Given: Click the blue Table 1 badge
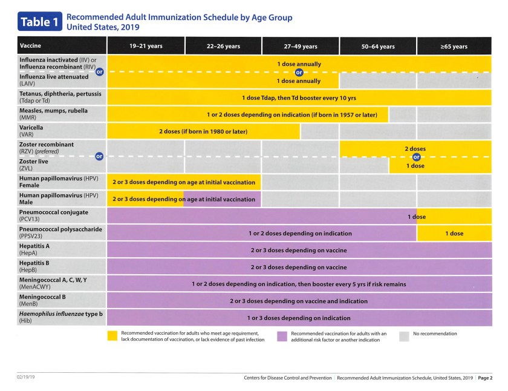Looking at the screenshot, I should (x=39, y=22).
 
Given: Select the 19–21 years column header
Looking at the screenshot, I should (x=146, y=46).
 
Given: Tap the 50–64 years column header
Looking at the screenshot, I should (x=378, y=47).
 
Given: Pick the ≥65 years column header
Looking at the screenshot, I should (x=453, y=47).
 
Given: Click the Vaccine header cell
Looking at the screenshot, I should (x=31, y=46).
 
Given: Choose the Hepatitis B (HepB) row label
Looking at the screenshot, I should (x=36, y=266).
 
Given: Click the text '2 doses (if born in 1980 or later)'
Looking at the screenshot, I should (x=203, y=131).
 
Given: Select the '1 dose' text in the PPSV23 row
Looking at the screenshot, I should (x=454, y=233).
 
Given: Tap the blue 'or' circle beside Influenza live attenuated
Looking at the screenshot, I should (x=100, y=71).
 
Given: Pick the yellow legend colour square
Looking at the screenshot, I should (x=112, y=335).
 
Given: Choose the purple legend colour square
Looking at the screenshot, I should (x=282, y=335).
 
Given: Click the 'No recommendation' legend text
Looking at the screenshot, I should (x=435, y=333).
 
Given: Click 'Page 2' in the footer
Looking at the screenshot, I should (x=485, y=378).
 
